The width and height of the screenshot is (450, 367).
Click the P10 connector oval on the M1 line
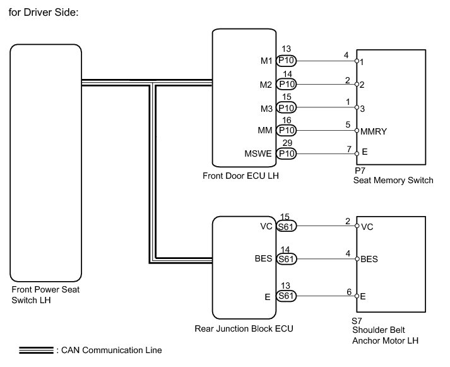coord(286,61)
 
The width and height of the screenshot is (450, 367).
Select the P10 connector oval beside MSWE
coord(286,153)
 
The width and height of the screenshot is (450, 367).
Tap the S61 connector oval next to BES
coord(286,259)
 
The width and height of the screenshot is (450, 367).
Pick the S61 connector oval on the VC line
coord(286,226)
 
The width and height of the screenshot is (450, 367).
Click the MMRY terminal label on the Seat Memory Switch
coord(374,131)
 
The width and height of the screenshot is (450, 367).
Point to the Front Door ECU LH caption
coord(240,176)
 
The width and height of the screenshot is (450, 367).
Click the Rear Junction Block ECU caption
coord(244,328)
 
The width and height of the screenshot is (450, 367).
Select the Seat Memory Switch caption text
coord(393,180)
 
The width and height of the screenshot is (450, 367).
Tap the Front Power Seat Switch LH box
coord(46,163)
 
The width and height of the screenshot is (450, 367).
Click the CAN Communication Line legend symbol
coord(36,351)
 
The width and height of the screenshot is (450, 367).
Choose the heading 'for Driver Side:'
coord(44,13)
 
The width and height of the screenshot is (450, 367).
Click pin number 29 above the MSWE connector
coord(287,143)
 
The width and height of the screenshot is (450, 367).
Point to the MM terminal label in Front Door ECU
coord(265,130)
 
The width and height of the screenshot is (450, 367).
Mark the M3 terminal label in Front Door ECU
coord(266,109)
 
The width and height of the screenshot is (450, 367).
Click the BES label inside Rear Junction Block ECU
coord(263,258)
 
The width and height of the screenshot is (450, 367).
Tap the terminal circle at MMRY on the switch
coord(357,131)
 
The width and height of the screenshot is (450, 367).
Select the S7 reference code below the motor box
coord(357,321)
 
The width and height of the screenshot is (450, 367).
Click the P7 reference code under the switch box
coord(360,171)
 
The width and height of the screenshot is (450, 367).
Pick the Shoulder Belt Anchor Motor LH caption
coord(385,335)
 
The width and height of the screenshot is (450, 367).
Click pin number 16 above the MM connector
coord(287,120)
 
